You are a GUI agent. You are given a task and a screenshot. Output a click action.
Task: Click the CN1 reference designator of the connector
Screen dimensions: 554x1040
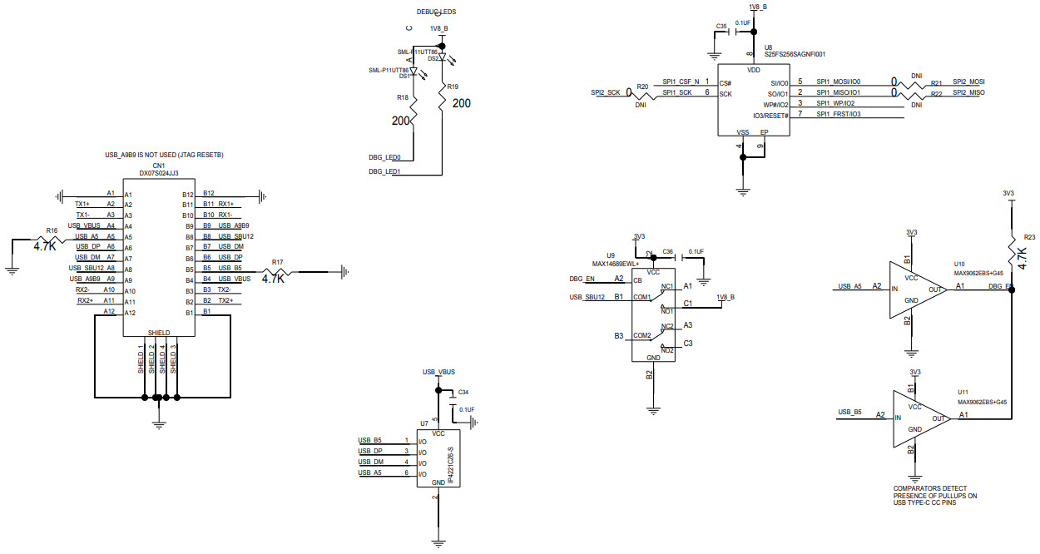158,166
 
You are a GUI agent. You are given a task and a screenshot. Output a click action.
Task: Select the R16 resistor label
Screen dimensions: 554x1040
52,230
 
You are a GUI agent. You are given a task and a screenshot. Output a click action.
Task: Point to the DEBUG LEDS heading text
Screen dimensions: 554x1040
437,12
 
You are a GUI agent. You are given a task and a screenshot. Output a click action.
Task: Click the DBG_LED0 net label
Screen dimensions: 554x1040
384,157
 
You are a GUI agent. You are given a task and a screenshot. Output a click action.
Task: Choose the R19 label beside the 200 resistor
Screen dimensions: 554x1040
452,87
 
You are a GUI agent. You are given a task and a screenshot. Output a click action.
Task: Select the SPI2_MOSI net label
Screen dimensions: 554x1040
969,82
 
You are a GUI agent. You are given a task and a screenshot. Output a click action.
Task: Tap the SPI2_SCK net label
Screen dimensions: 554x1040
606,92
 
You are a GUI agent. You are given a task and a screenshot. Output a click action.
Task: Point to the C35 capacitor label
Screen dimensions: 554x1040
721,27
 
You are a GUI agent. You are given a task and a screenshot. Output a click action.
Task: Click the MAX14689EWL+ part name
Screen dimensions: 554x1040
617,263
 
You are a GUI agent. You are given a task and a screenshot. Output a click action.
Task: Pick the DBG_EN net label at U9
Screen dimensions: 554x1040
582,279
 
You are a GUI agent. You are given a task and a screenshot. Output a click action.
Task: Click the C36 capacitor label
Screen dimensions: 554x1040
668,251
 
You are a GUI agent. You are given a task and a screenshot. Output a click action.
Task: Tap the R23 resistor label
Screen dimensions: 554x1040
1029,236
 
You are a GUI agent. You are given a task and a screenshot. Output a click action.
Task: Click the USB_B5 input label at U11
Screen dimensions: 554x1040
849,413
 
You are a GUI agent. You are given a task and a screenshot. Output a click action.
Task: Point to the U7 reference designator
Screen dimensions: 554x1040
424,423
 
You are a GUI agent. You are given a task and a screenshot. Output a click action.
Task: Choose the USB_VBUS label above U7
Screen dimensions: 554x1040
438,371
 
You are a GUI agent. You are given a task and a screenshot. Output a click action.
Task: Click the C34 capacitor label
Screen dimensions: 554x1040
463,392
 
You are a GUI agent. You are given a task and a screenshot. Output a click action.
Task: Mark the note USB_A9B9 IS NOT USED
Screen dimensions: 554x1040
164,156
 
